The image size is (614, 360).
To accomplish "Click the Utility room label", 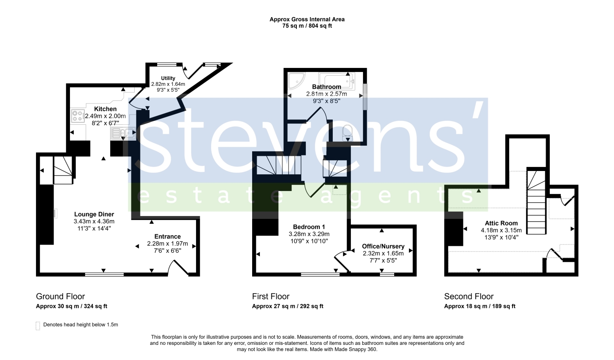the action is coord(168,78).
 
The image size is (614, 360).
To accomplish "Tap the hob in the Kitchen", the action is coord(78,116).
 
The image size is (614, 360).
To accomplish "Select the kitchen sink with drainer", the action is coord(123,133).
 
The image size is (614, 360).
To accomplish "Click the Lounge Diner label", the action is coord(94,214).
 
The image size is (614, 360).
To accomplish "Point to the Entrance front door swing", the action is coord(178,267).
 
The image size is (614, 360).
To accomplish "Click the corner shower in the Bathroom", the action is coord(296,81).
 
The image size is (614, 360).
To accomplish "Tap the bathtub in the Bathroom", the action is coord(337,81).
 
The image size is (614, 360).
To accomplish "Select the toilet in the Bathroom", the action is coord(348,133).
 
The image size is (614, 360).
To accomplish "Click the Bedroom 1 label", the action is coord(309,227).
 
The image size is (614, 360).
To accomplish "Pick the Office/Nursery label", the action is coord(383,246).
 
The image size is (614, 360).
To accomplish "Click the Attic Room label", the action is coord(501,223).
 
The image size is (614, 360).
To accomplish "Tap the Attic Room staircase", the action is coord(536,202).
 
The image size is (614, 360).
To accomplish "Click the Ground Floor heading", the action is coord(60,297).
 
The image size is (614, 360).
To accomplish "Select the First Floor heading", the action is coord(271,297).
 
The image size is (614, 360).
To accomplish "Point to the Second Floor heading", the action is coord(469,297).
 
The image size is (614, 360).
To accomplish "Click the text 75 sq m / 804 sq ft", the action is coord(307,26).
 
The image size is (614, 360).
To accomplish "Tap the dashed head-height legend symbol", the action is coord(38,326).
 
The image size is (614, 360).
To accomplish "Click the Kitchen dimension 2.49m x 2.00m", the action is coord(105,116).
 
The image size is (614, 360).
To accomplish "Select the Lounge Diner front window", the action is coord(104,274).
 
